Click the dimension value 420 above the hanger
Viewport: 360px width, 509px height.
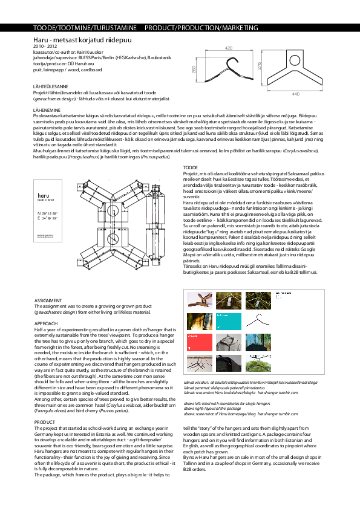tap(229, 47)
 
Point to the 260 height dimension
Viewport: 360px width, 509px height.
tap(195, 71)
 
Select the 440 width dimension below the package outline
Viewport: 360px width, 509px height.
tap(295, 94)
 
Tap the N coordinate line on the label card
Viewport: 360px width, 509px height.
tap(47, 214)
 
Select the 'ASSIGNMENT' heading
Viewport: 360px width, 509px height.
tap(48, 300)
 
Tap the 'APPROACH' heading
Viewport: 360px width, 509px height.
tap(46, 323)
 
